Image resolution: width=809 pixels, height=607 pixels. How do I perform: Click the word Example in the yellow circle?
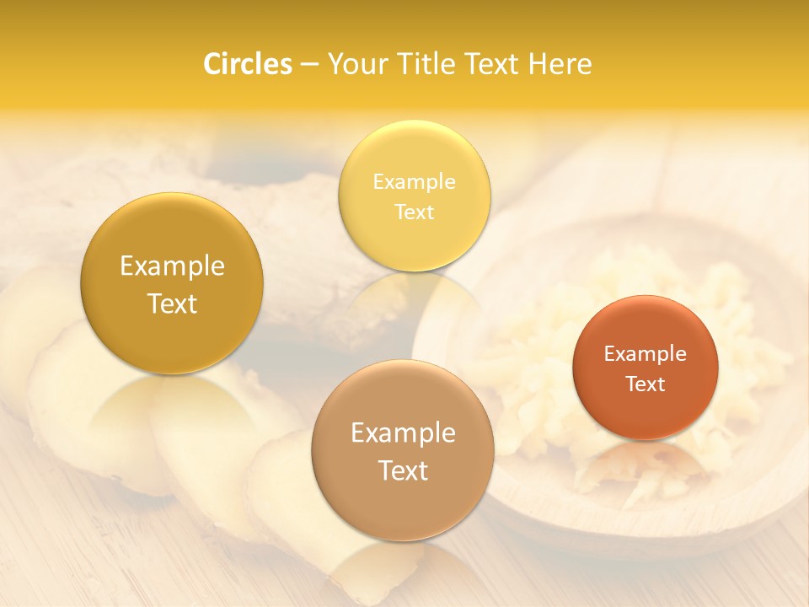click(x=414, y=181)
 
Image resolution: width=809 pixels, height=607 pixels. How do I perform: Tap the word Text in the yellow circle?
click(x=414, y=212)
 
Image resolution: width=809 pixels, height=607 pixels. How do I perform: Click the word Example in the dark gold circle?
click(x=172, y=266)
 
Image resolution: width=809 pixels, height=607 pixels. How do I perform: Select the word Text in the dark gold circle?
click(x=172, y=303)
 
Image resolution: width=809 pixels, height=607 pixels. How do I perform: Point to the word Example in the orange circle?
click(x=645, y=353)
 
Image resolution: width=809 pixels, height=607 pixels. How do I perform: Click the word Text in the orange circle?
click(x=645, y=384)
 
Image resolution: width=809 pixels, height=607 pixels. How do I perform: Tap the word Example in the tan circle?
click(x=403, y=432)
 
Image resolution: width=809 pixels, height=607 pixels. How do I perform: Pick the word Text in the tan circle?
click(x=403, y=470)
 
